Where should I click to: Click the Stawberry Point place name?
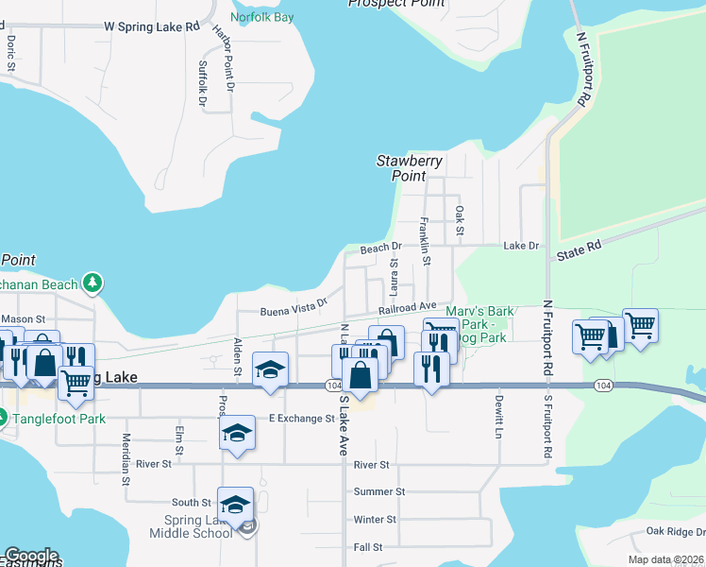tap(410, 168)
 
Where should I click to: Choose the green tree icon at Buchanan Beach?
tap(92, 283)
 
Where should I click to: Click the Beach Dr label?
tap(381, 249)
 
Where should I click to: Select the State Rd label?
tap(579, 250)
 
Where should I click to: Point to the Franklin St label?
tap(426, 241)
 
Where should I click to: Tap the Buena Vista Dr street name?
tap(294, 307)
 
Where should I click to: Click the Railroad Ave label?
tap(408, 307)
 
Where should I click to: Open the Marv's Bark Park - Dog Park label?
tap(481, 324)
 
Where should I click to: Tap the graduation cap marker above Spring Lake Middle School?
tap(236, 503)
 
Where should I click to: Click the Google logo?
tap(31, 556)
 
